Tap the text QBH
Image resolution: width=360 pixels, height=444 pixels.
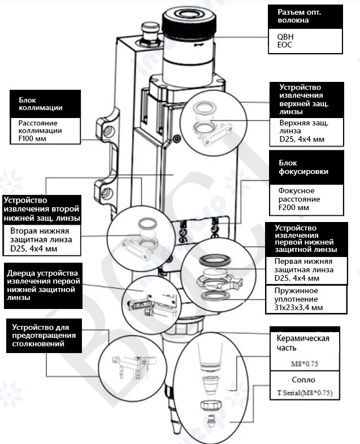285,36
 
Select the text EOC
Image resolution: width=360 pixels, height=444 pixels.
284,45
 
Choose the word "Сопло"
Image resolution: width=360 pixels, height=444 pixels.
304,380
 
